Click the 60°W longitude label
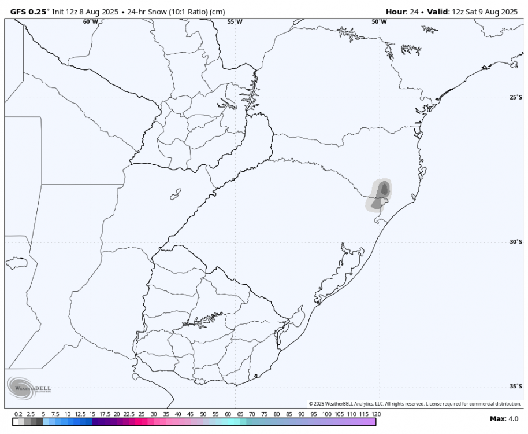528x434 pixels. [x=90, y=21]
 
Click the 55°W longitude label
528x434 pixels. [x=235, y=21]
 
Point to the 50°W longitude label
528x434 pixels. [x=380, y=21]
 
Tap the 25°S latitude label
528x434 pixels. [x=516, y=97]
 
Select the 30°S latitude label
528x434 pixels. [x=516, y=242]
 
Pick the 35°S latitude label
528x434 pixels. [x=516, y=387]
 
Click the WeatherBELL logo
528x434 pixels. [x=29, y=387]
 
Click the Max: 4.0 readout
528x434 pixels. [x=504, y=418]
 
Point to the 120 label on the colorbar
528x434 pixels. [x=376, y=415]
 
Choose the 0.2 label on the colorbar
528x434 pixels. [x=18, y=415]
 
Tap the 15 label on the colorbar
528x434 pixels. [x=92, y=415]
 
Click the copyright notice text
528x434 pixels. [x=415, y=403]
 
